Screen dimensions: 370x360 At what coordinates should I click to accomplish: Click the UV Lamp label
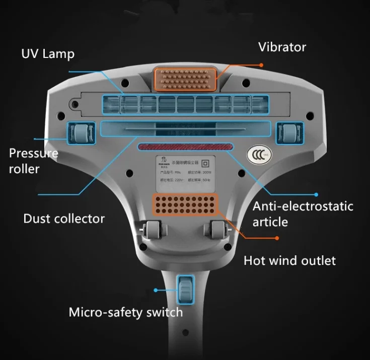click(47, 53)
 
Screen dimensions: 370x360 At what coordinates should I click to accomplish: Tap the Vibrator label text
click(282, 47)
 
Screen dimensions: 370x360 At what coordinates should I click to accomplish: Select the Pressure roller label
click(34, 161)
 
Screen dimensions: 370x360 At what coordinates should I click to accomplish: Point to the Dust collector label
click(64, 219)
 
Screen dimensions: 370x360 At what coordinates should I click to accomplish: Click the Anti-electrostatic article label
click(303, 213)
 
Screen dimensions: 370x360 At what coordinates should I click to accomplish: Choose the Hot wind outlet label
click(289, 260)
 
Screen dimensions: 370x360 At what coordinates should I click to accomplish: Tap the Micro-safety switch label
click(125, 312)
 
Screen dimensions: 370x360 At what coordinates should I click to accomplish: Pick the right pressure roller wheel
click(288, 133)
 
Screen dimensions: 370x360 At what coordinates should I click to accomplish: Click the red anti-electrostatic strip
click(185, 147)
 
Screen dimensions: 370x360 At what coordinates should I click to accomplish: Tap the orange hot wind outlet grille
click(185, 204)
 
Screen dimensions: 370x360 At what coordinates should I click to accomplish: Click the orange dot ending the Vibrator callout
click(261, 65)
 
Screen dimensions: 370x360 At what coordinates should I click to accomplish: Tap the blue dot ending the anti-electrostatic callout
click(316, 194)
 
